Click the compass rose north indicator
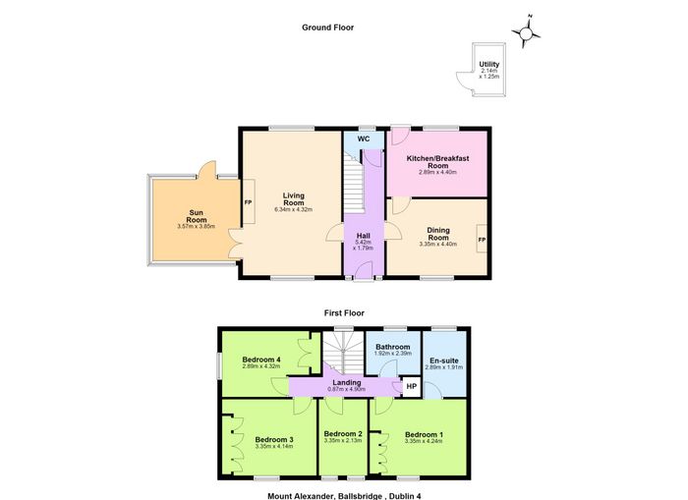pyautogui.click(x=530, y=17)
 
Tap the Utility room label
pyautogui.click(x=488, y=64)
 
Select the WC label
pyautogui.click(x=364, y=139)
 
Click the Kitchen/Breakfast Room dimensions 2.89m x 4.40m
pyautogui.click(x=438, y=172)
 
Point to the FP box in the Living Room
pyautogui.click(x=249, y=201)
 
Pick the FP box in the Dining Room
pyautogui.click(x=482, y=239)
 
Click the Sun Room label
pyautogui.click(x=197, y=216)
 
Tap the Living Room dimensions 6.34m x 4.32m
pyautogui.click(x=294, y=209)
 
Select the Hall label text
pyautogui.click(x=364, y=236)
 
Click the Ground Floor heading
pyautogui.click(x=327, y=28)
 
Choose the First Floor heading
pyautogui.click(x=344, y=313)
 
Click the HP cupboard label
pyautogui.click(x=411, y=386)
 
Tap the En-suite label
pyautogui.click(x=444, y=361)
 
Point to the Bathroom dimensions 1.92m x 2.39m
pyautogui.click(x=393, y=353)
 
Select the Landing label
pyautogui.click(x=347, y=382)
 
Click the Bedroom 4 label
pyautogui.click(x=261, y=360)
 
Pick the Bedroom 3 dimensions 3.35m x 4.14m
pyautogui.click(x=274, y=447)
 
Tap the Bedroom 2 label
pyautogui.click(x=343, y=434)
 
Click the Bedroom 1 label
pyautogui.click(x=424, y=434)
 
